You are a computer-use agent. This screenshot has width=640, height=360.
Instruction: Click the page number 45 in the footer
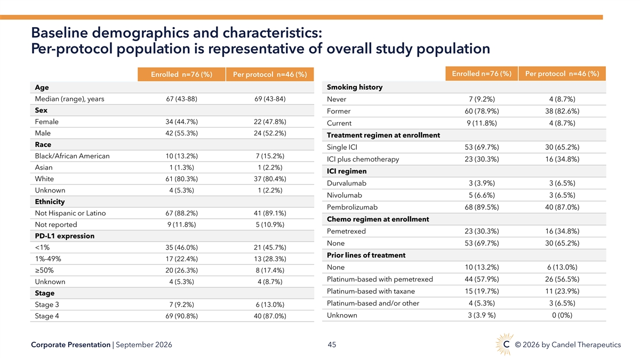pos(332,345)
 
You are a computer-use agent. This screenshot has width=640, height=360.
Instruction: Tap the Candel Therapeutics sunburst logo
pos(505,344)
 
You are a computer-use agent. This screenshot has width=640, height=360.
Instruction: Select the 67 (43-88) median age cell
pos(181,99)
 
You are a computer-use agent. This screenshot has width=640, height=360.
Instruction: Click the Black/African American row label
pos(73,156)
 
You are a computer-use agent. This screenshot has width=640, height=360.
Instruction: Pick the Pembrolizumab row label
pos(352,207)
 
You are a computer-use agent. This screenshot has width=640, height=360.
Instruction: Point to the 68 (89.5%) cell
pos(482,207)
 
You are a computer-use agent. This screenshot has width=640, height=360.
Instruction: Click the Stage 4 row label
pos(47,316)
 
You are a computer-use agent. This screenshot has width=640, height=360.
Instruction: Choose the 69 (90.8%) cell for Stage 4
pos(181,316)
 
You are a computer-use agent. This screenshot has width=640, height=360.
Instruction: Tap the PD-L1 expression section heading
pos(65,236)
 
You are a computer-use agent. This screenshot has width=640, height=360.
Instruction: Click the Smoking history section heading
pos(355,87)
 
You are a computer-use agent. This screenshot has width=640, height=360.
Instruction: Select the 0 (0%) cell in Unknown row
pos(562,315)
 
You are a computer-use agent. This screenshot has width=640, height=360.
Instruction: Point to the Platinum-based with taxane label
pos(371,291)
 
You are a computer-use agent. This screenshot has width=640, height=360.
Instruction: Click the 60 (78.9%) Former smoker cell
pos(482,111)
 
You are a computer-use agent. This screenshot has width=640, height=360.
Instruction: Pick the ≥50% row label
pos(44,270)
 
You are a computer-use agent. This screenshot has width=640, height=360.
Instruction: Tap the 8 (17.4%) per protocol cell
pos(270,270)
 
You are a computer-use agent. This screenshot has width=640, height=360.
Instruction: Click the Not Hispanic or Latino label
pos(70,213)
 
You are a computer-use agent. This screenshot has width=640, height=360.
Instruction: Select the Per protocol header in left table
pos(270,75)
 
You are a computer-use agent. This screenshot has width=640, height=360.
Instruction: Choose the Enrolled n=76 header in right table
pos(482,74)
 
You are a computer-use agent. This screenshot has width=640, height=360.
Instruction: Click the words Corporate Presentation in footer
pos(70,345)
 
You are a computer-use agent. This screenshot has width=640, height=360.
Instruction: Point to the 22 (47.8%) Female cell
pos(270,122)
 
